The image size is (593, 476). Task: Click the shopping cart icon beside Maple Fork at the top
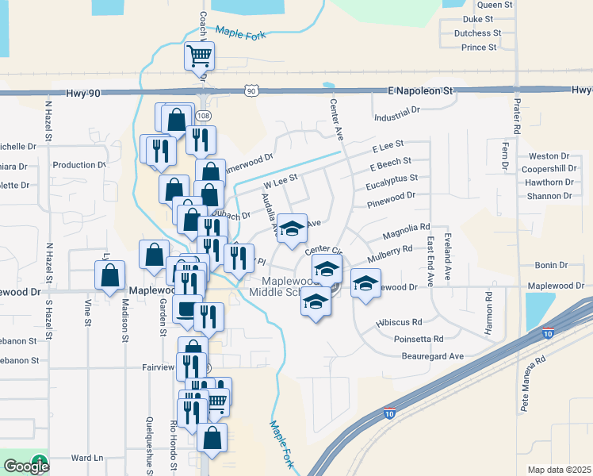(x=200, y=56)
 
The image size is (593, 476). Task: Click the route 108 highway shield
(x=204, y=116)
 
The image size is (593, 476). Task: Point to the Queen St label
(x=495, y=5)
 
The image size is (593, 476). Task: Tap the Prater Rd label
(x=516, y=114)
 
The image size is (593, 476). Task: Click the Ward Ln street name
(x=87, y=458)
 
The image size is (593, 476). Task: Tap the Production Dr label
(x=78, y=165)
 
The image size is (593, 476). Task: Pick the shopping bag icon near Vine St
(x=110, y=276)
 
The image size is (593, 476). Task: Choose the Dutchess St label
(x=477, y=33)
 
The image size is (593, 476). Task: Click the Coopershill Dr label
(x=549, y=169)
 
